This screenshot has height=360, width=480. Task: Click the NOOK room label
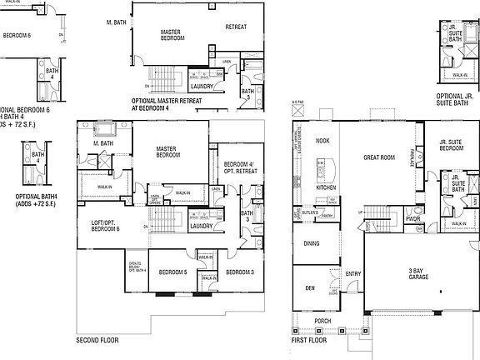click(322, 141)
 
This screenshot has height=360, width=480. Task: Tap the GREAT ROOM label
click(377, 157)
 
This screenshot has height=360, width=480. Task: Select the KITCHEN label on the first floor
click(325, 187)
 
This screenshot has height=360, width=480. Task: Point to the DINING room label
click(312, 243)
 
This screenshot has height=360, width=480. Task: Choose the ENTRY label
click(353, 272)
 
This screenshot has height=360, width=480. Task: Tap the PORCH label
click(322, 321)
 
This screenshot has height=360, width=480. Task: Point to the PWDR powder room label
click(412, 220)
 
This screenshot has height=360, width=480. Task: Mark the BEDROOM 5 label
click(172, 272)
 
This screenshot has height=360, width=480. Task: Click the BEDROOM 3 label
click(239, 272)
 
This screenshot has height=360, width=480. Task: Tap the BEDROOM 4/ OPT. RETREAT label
click(238, 167)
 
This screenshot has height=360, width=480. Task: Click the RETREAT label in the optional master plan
click(236, 27)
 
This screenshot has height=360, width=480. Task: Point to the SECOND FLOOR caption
click(98, 341)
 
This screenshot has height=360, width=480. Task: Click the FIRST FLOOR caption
click(311, 341)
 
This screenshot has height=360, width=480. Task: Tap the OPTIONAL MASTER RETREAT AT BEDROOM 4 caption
click(172, 104)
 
